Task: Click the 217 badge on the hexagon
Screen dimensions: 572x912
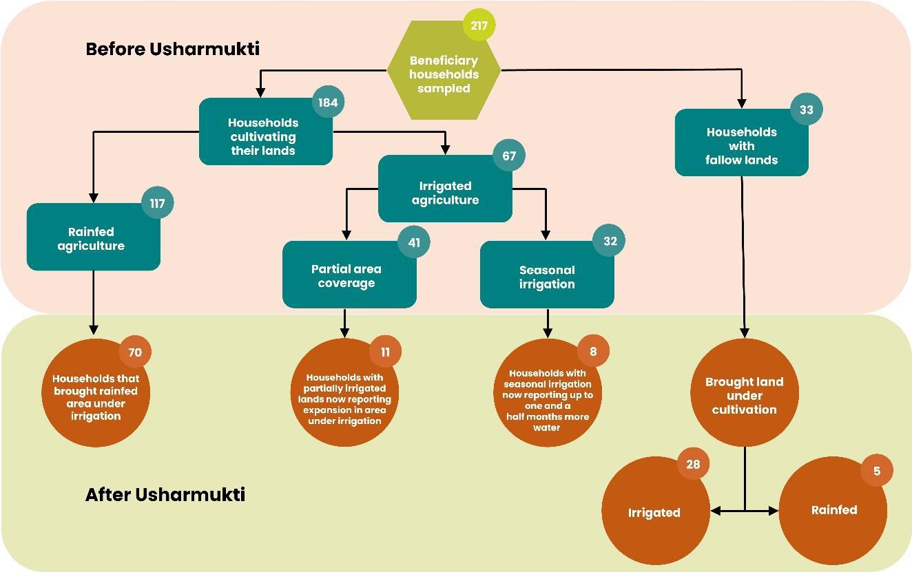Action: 479,26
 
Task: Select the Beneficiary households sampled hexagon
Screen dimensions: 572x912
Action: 444,74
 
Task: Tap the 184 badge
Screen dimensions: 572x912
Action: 328,103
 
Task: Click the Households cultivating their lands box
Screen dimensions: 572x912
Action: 265,136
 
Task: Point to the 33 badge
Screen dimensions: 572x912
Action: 806,109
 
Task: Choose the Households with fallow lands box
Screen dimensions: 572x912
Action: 741,145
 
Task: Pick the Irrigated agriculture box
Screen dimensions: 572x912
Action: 445,192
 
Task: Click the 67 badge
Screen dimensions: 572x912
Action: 509,156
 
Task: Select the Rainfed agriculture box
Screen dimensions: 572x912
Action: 92,238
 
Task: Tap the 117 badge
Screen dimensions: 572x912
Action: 157,203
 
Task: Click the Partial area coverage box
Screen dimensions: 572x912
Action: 347,275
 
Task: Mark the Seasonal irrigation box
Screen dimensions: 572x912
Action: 547,276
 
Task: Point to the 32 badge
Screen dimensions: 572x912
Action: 610,241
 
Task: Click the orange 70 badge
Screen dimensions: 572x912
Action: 135,352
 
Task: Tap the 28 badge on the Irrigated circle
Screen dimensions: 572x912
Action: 693,464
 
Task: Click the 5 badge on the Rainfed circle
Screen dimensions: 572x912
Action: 877,472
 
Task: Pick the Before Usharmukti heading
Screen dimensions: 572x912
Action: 172,49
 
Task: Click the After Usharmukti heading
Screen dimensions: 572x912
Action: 165,494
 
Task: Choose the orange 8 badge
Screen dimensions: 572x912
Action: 593,352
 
